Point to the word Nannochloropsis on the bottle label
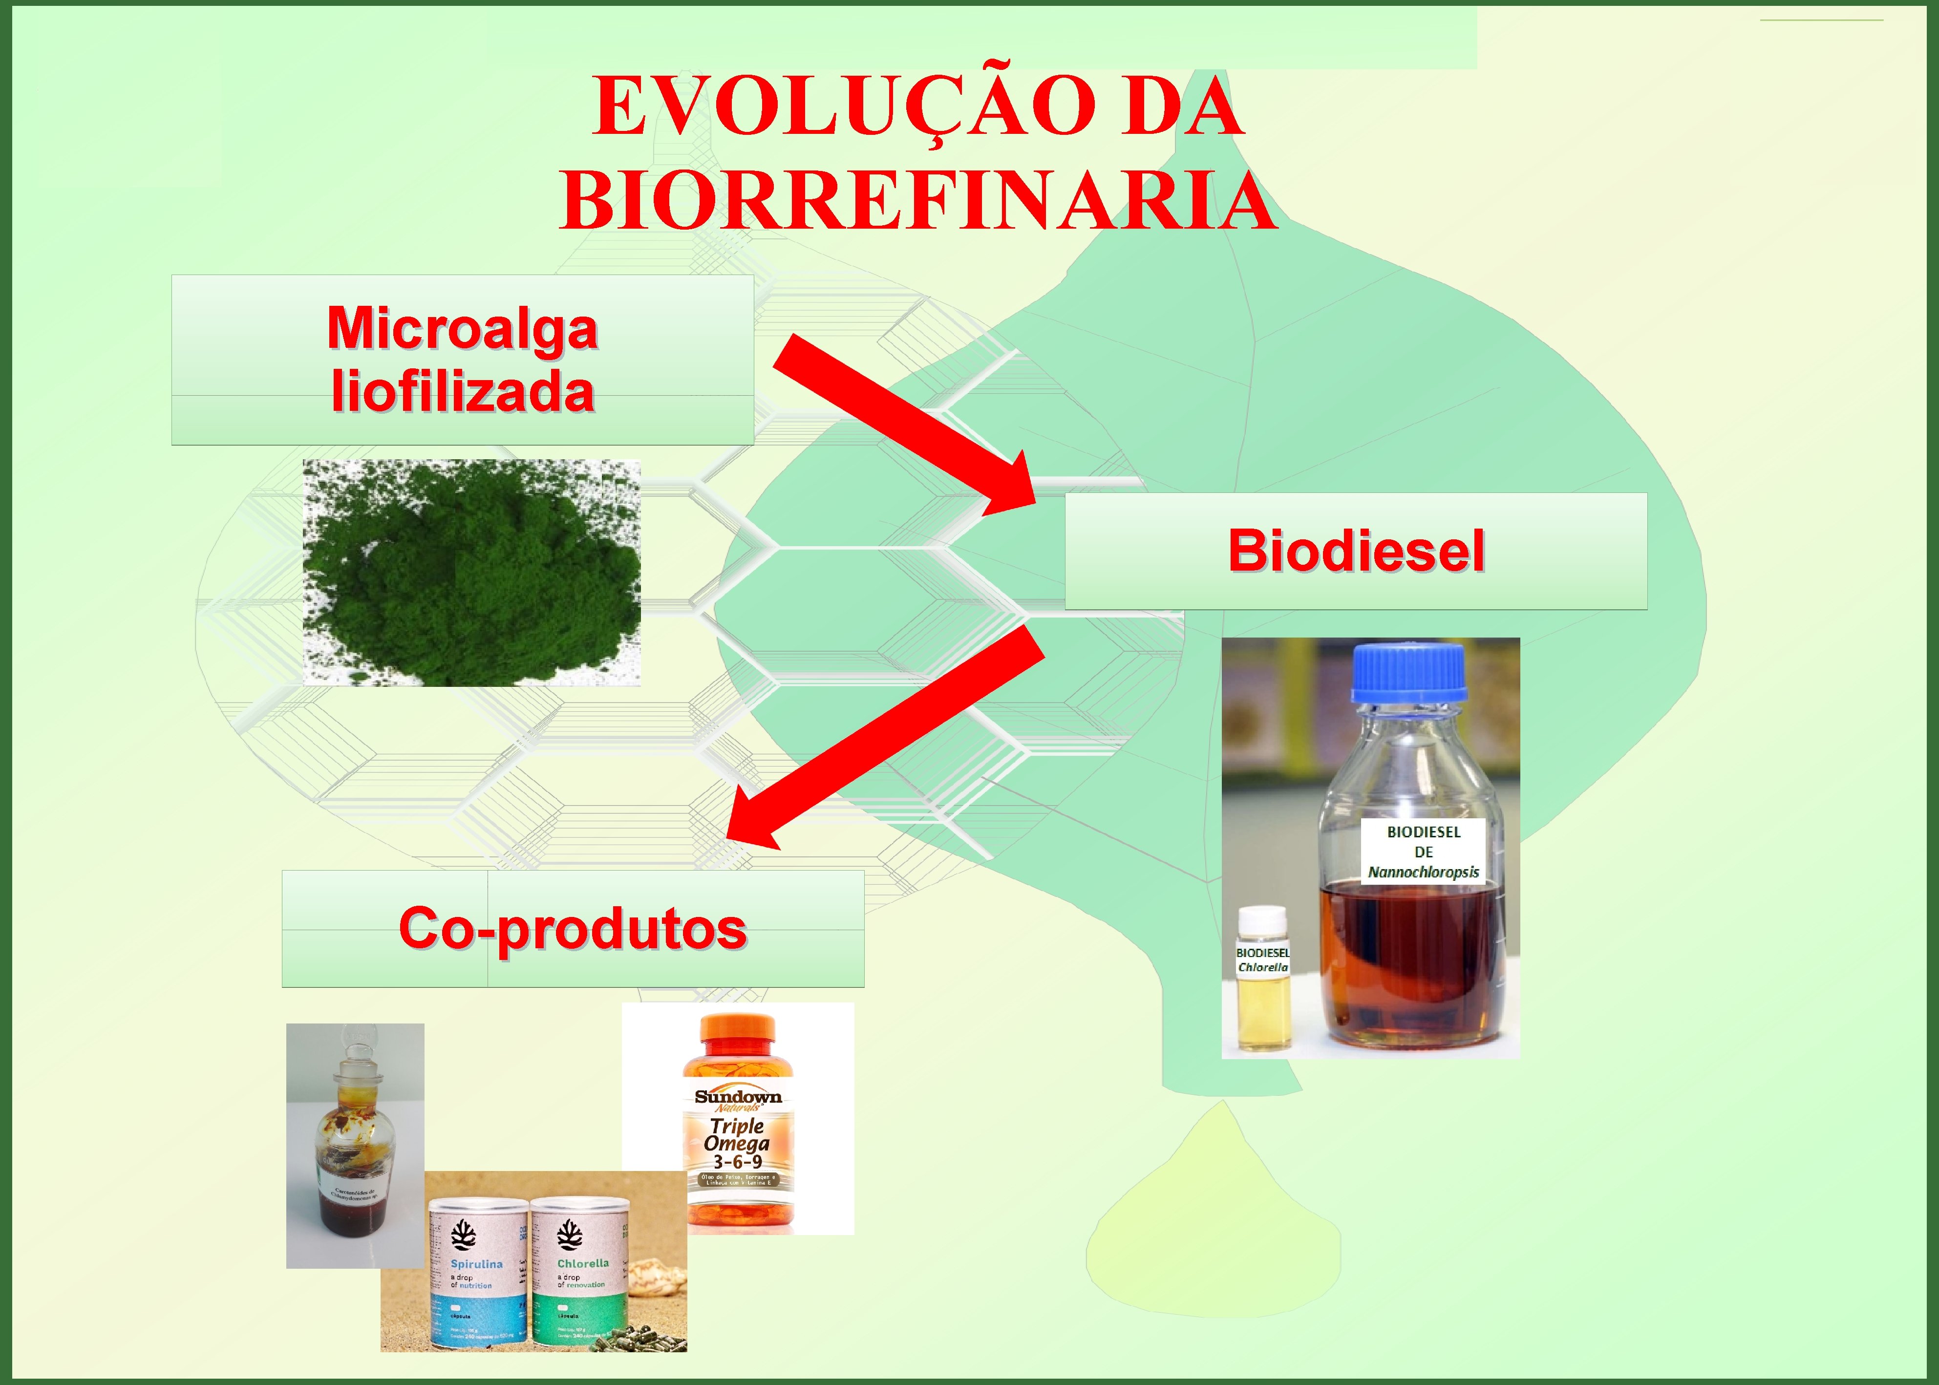(1423, 873)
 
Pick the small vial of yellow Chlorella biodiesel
(1263, 981)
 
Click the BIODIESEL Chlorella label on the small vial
(1263, 959)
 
